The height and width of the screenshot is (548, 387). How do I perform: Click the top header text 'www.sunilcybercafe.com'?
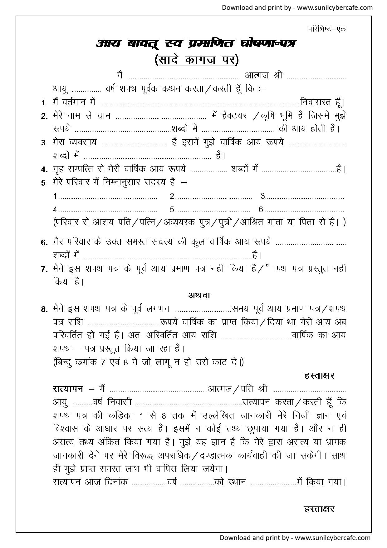(335, 7)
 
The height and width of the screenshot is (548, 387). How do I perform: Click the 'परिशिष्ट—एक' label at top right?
(327, 29)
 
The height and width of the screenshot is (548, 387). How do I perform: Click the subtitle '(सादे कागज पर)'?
(197, 60)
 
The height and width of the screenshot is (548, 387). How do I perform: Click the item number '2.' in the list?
(44, 116)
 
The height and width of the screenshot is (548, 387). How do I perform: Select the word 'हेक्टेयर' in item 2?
(229, 116)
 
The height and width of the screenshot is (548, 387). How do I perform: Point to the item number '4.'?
(44, 170)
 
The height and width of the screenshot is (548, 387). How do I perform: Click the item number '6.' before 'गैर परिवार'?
(44, 242)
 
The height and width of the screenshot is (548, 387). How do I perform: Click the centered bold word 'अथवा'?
(199, 295)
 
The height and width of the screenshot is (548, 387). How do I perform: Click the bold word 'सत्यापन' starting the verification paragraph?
(68, 389)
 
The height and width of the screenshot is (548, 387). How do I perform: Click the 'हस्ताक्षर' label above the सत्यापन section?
(319, 375)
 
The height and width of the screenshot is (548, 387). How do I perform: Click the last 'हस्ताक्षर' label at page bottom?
(319, 509)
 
